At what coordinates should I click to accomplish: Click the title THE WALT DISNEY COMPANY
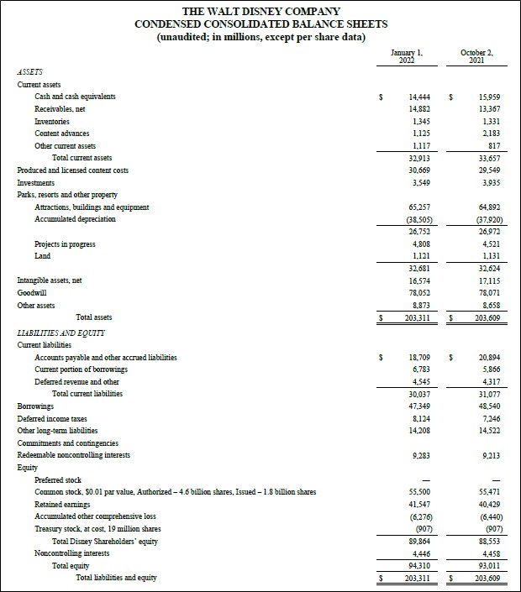(260, 11)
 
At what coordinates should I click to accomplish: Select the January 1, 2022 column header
(407, 57)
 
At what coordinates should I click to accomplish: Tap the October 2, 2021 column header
(476, 57)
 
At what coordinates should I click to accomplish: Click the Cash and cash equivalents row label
(75, 97)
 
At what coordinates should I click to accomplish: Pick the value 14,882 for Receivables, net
(408, 109)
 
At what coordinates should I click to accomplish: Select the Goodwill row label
(32, 293)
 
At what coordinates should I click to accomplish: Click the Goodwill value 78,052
(408, 293)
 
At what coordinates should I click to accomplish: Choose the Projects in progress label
(65, 244)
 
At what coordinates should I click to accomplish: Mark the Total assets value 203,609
(476, 317)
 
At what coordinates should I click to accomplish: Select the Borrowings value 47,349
(408, 406)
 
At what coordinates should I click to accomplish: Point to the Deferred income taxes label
(52, 418)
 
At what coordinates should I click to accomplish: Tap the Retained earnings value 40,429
(477, 504)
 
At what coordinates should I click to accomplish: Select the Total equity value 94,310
(408, 565)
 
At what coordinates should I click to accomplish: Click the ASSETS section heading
(30, 73)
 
